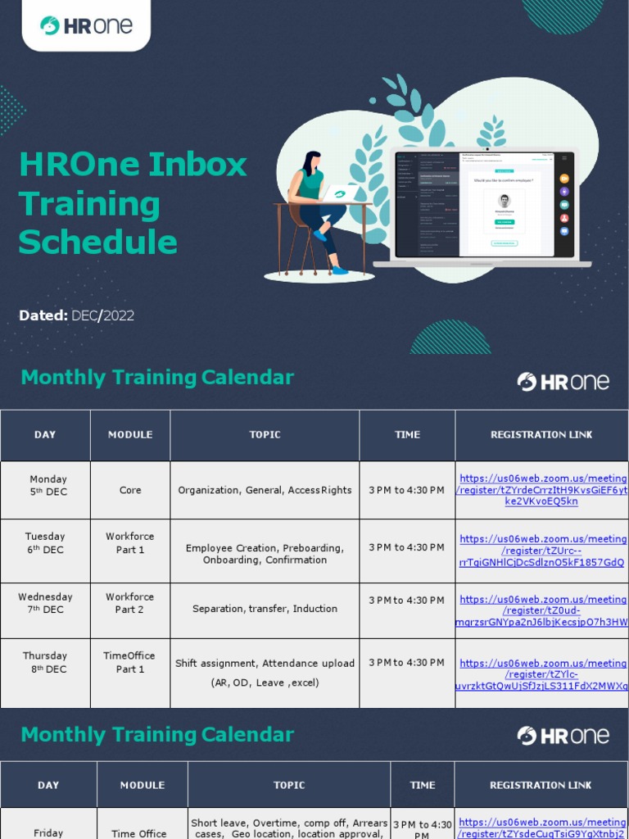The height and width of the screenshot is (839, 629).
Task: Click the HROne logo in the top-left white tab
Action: (86, 25)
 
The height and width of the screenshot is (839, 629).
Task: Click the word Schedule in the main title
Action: (98, 243)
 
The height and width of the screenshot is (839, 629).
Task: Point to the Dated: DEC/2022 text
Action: (76, 315)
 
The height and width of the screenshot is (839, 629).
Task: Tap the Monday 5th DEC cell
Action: (48, 486)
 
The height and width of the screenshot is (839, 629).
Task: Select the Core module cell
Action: (130, 490)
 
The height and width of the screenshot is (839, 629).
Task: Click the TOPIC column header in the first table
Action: (265, 435)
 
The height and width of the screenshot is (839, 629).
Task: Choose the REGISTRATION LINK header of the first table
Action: (541, 435)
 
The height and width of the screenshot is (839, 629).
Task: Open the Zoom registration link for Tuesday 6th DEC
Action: (542, 551)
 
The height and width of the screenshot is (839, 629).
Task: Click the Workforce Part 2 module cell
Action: (130, 603)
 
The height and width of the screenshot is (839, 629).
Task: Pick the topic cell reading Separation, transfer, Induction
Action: (265, 609)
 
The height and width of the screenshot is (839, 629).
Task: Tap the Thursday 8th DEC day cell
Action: (45, 662)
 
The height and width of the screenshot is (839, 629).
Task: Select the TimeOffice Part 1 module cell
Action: (129, 662)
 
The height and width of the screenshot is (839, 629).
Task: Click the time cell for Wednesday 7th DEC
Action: (406, 601)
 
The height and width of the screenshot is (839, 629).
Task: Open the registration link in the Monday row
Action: (542, 490)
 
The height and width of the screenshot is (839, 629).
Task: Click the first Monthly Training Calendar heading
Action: (157, 378)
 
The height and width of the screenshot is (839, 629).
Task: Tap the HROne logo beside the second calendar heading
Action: (563, 736)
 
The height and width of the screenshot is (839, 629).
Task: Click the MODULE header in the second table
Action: (143, 785)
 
